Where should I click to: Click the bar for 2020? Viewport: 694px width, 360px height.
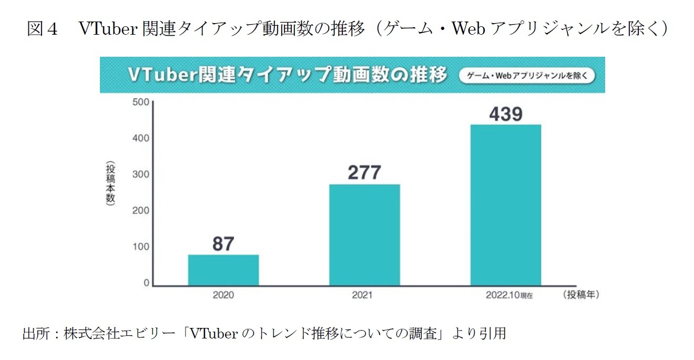(x=223, y=270)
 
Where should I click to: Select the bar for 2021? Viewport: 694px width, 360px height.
(x=364, y=234)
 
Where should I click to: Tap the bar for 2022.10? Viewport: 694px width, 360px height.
(x=505, y=204)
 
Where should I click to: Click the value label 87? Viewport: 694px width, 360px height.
(x=223, y=244)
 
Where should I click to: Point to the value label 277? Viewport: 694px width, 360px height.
(x=364, y=172)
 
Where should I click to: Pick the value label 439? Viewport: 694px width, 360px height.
(x=505, y=114)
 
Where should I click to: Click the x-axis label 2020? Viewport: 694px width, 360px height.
(x=223, y=295)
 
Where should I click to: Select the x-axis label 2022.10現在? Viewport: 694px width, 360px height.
(x=509, y=295)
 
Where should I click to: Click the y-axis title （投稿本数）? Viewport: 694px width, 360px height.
(x=110, y=185)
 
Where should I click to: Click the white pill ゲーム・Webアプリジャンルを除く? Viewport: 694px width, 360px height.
(x=527, y=76)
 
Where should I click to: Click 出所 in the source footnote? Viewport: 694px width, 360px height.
(x=36, y=333)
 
